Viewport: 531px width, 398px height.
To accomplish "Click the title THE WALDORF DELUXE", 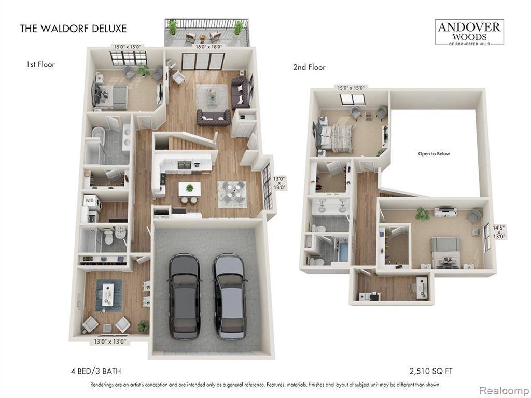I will pos(73,28).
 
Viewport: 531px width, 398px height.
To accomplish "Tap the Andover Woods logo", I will pos(470,32).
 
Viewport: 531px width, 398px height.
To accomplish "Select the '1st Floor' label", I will pos(40,65).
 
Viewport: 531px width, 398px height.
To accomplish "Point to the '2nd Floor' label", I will pos(309,67).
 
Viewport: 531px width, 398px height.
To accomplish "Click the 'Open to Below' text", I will pos(434,154).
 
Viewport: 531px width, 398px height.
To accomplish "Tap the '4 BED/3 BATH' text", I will pos(95,371).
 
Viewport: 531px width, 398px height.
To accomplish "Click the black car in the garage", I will pos(184,295).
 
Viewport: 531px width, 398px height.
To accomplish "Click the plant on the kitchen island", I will pos(190,188).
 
